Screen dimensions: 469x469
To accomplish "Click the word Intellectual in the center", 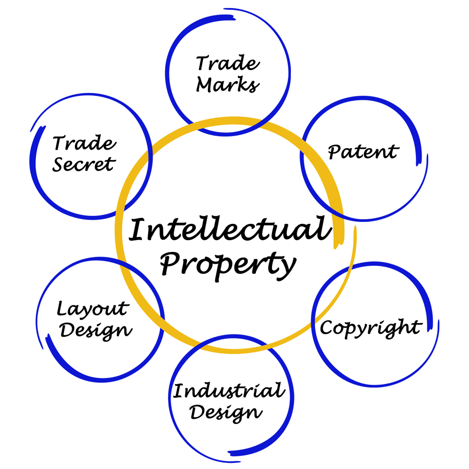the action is [230, 229].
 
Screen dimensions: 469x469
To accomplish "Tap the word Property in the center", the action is [228, 265].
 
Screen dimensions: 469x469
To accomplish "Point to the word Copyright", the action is [371, 328].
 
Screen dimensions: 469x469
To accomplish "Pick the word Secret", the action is [84, 164].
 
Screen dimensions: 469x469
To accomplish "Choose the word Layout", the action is [93, 309].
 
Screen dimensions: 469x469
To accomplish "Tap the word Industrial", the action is [229, 390].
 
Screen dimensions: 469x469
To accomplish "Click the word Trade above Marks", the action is [228, 63].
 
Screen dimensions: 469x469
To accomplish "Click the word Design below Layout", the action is [96, 331].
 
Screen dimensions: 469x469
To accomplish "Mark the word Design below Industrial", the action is [226, 413].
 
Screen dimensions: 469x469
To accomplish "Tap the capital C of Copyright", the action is [327, 327].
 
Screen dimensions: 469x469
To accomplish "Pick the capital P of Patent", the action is [335, 152].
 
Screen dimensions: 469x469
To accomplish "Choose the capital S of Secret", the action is [59, 164].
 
